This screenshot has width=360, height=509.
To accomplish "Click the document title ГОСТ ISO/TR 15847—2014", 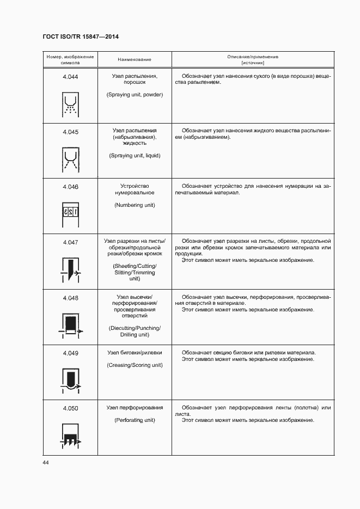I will [x=80, y=36].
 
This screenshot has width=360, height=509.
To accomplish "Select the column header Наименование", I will [x=135, y=59].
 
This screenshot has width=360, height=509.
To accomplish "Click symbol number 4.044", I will [x=70, y=77].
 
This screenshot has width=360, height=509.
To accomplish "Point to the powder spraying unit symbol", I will [x=70, y=105].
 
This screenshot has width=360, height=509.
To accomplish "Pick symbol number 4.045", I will [x=70, y=132].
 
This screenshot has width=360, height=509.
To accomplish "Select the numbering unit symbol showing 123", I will [x=70, y=211].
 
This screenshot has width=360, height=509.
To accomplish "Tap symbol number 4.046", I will [x=70, y=187].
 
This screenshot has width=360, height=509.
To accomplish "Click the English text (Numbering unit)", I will [x=135, y=205].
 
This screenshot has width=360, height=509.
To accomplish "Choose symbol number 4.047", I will [x=70, y=242].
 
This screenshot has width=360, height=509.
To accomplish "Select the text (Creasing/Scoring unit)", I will [x=135, y=365].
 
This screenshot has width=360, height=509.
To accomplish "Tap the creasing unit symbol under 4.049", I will [x=70, y=380].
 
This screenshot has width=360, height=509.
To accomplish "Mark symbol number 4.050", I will [x=70, y=408].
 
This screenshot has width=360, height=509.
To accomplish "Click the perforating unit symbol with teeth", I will [x=70, y=436].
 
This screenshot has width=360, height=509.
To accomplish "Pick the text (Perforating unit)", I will [x=135, y=420].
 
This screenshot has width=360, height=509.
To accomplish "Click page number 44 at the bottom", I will [x=46, y=463].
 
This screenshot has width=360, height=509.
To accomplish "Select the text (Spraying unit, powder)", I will [x=135, y=95].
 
